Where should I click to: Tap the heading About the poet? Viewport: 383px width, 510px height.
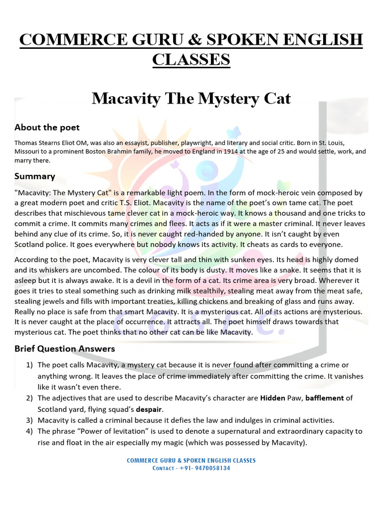pyautogui.click(x=47, y=127)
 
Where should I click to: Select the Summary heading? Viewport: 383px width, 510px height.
pyautogui.click(x=35, y=176)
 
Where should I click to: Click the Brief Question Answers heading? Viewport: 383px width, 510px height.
pyautogui.click(x=65, y=349)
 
